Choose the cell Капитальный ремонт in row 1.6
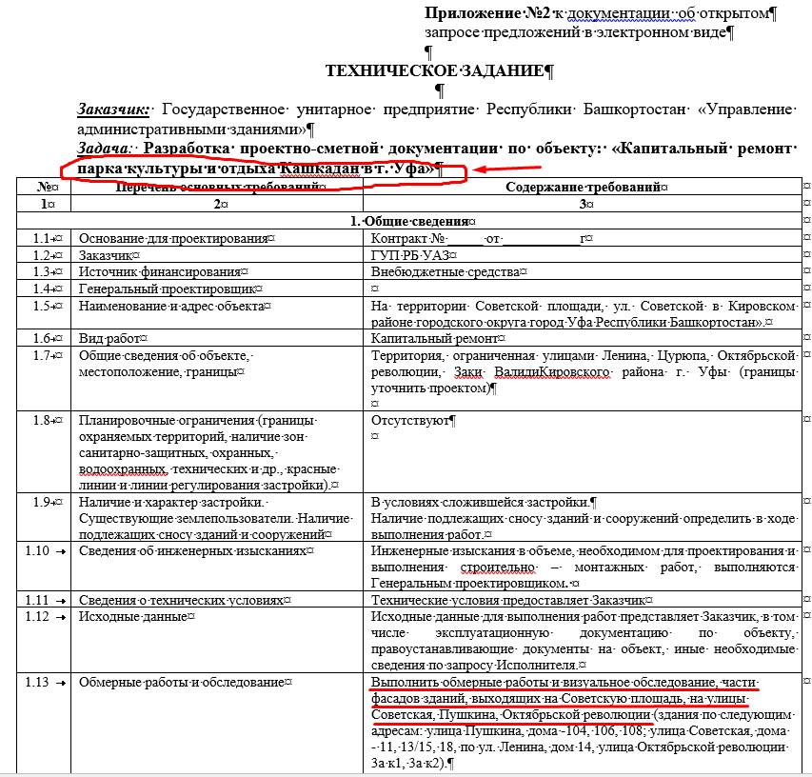point(433,338)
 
